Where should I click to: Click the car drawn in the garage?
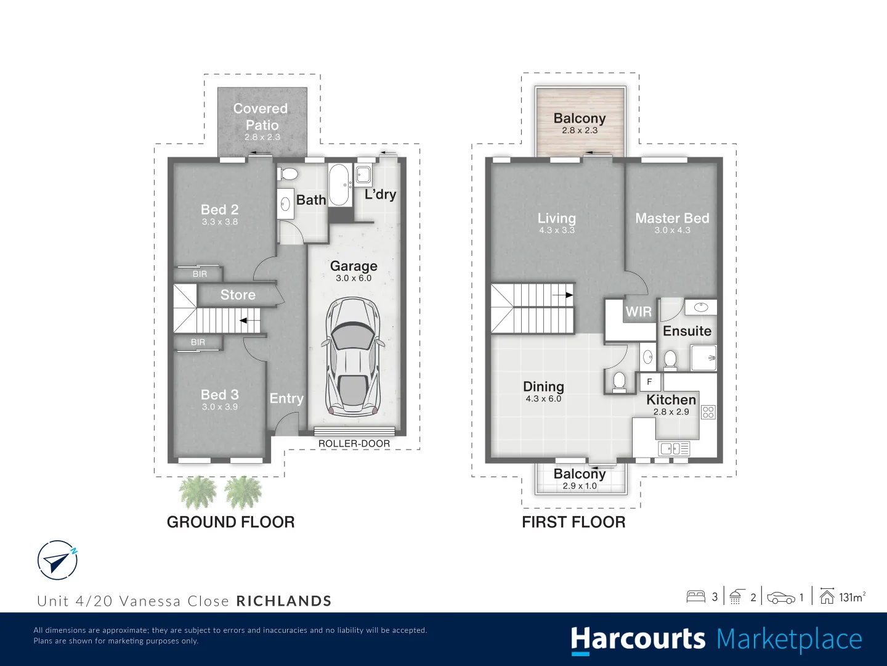tap(354, 356)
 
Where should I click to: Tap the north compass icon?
tap(57, 560)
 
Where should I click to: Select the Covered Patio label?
tap(261, 117)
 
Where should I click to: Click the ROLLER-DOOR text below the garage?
tap(354, 443)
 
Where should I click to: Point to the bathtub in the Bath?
tap(338, 184)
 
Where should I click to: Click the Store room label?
tap(238, 295)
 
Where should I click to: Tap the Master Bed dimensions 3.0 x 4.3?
tap(672, 230)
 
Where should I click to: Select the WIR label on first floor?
tap(638, 312)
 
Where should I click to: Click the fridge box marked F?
tap(649, 382)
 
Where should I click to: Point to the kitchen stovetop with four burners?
tap(708, 412)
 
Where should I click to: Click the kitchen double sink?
tap(674, 448)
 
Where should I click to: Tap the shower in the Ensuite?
tap(703, 358)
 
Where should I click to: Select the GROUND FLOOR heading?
tap(230, 522)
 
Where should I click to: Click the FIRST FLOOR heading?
tap(573, 522)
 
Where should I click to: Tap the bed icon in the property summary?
tap(695, 596)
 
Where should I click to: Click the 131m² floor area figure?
tap(852, 597)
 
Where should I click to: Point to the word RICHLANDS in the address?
tap(284, 601)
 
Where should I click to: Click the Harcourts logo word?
tap(638, 639)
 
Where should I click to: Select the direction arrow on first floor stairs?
tap(563, 295)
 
